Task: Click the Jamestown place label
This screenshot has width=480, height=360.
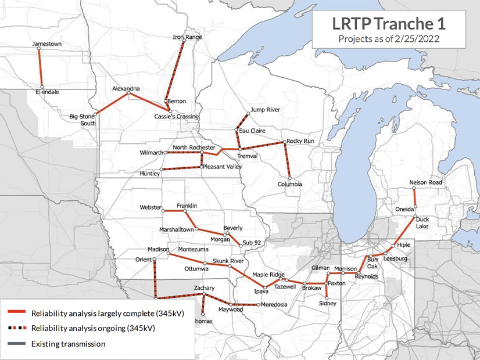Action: tap(47, 44)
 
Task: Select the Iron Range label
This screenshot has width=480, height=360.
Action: tap(187, 37)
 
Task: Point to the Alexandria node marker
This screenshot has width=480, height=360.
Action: tap(128, 93)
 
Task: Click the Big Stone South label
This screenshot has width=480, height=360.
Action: tap(82, 120)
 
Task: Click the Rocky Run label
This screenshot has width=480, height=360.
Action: tap(301, 141)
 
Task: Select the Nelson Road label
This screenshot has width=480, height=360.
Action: tap(425, 182)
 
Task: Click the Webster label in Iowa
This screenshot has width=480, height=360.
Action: tap(151, 207)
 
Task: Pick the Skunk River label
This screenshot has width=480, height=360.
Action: tap(227, 261)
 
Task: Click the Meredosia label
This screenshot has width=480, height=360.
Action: tap(275, 305)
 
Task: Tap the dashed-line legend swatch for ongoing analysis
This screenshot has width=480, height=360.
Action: tap(16, 328)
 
